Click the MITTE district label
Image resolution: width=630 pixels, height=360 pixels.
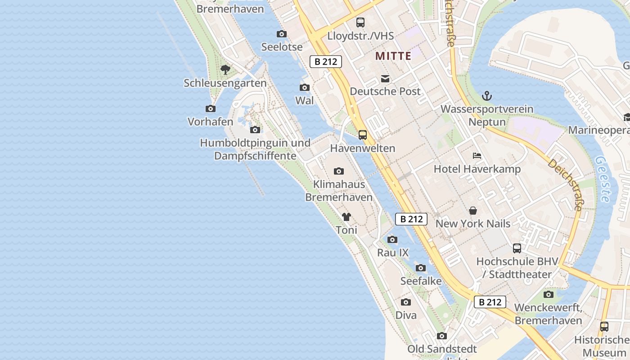point(393,56)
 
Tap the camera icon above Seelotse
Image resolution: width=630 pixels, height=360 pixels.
point(282,34)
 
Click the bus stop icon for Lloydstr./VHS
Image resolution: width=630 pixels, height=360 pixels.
point(360,22)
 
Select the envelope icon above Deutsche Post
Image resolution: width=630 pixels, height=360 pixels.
point(385,79)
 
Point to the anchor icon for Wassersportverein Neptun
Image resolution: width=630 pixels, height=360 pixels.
point(486,95)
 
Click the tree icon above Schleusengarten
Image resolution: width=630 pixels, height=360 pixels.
point(225,70)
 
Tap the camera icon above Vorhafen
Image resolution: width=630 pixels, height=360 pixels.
point(210,108)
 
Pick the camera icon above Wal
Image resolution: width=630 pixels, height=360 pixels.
point(305,87)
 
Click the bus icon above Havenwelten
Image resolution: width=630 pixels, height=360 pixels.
point(363,135)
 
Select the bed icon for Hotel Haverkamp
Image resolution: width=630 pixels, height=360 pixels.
point(477,156)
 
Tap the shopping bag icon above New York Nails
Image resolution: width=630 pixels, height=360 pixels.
point(473,210)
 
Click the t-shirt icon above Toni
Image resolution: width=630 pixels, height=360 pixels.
point(346,217)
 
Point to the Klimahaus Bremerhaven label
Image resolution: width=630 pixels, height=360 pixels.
point(339,190)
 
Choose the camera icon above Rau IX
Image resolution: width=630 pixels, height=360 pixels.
point(392,239)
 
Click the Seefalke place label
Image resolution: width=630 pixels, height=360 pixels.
point(420,280)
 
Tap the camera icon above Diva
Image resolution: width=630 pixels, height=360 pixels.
point(406,302)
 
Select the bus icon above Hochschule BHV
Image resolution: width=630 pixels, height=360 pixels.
point(517,248)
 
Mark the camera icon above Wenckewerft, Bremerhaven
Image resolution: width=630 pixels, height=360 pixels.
point(548,294)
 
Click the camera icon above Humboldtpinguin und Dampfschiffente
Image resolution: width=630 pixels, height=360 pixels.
point(255,130)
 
